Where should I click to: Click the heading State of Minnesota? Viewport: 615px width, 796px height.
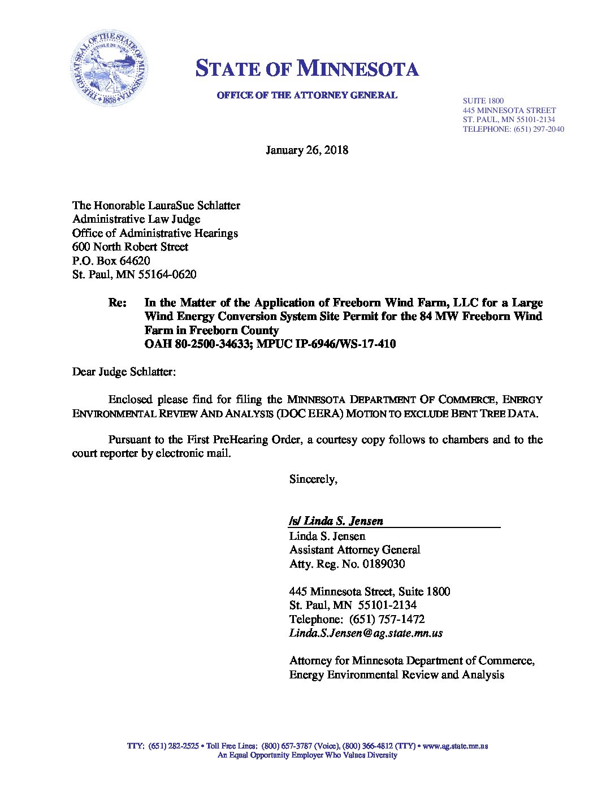tap(307, 69)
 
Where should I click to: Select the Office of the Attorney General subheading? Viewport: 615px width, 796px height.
tap(307, 96)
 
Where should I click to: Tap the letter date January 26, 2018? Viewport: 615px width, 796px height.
tap(307, 150)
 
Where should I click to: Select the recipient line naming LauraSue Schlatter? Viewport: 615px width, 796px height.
tap(156, 205)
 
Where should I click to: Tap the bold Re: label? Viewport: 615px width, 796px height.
tap(117, 302)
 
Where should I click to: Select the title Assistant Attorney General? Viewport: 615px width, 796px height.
tap(354, 550)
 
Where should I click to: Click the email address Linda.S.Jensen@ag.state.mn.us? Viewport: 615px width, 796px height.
tap(366, 633)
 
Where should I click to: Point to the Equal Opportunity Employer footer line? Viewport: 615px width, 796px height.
tap(307, 755)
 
